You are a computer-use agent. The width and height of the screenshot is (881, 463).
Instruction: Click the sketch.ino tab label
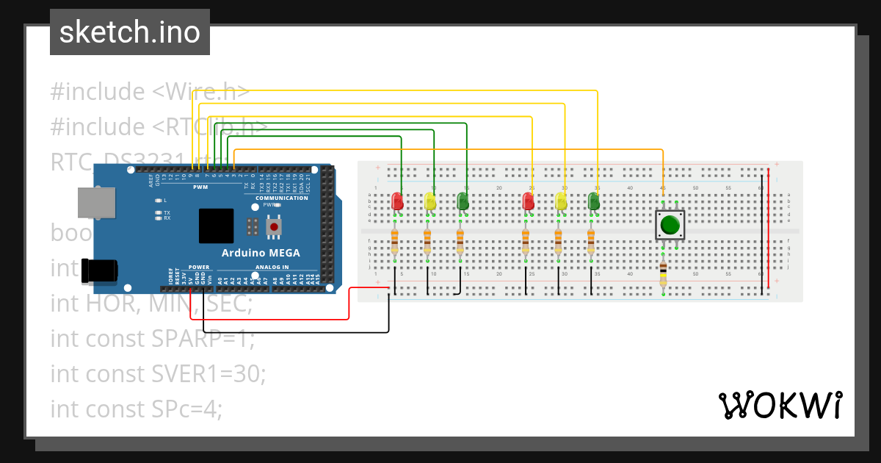[130, 32]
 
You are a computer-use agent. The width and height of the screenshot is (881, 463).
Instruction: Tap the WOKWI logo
[780, 405]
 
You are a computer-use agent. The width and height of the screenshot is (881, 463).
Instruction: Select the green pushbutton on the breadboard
[669, 225]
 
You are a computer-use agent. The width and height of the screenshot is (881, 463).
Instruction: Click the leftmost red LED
[397, 201]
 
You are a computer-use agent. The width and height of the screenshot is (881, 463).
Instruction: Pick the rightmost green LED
[594, 201]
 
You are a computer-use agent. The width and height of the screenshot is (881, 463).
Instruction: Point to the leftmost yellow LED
[429, 201]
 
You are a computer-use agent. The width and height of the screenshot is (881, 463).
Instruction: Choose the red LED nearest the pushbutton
[528, 201]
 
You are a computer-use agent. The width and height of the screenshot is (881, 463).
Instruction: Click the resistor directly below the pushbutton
[663, 275]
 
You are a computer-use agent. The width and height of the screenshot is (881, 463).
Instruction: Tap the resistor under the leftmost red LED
[394, 240]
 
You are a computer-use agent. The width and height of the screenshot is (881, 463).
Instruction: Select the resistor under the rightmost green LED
[591, 240]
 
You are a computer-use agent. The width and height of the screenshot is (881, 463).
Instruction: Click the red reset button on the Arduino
[274, 227]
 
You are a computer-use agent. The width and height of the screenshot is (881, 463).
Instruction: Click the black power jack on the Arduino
[98, 270]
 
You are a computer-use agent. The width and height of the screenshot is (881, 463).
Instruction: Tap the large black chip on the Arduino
[216, 226]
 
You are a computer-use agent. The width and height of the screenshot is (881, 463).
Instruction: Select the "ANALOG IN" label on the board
[272, 267]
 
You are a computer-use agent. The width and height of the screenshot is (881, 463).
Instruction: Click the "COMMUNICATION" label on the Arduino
[281, 198]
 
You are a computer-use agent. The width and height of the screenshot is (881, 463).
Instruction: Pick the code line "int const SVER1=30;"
[158, 373]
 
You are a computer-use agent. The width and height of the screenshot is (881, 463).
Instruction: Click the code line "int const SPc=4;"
[136, 408]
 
